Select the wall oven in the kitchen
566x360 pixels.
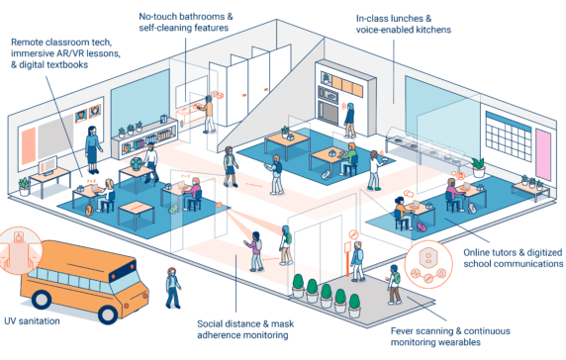pos(327,98)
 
